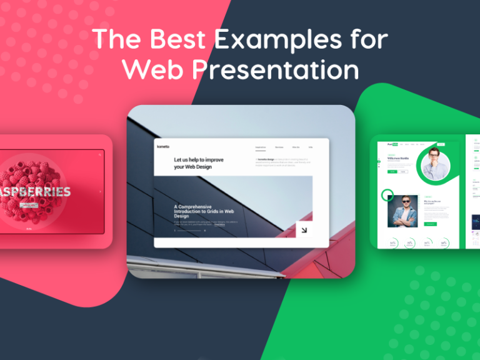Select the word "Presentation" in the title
pyautogui.click(x=274, y=69)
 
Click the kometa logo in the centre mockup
pyautogui.click(x=163, y=146)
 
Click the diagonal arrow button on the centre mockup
pyautogui.click(x=304, y=230)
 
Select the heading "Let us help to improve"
pyautogui.click(x=198, y=160)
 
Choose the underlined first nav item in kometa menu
pyautogui.click(x=260, y=147)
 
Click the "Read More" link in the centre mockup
pyautogui.click(x=219, y=224)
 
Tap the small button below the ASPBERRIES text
pyautogui.click(x=29, y=204)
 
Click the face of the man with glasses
pyautogui.click(x=436, y=162)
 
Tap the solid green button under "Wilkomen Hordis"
pyautogui.click(x=391, y=171)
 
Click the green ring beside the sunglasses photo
pyautogui.click(x=387, y=195)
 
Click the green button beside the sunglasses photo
pyautogui.click(x=430, y=224)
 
